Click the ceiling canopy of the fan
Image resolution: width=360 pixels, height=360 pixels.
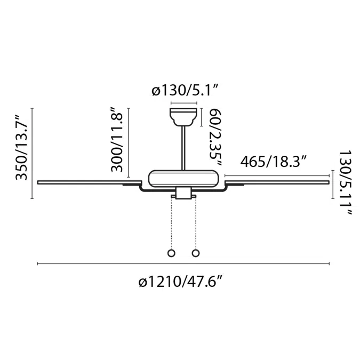183,117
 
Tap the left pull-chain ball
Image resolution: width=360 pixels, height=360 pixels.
172,253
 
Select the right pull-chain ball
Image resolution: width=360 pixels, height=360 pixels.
196,253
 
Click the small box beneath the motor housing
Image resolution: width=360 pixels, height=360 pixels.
183,195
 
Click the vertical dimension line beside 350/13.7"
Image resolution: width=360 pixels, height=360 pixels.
33,154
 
